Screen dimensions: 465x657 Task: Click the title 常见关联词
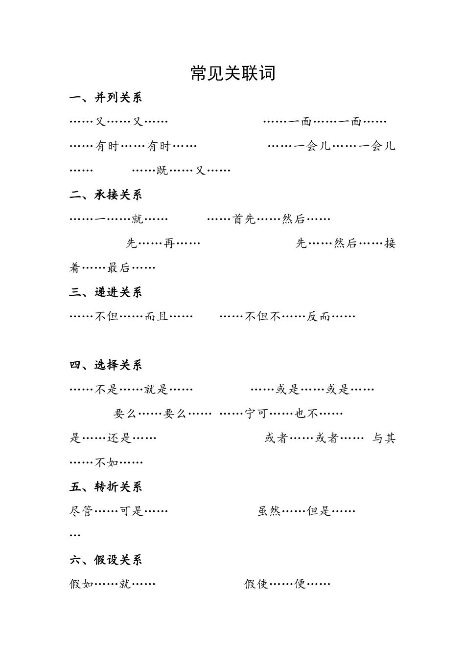[x=232, y=73]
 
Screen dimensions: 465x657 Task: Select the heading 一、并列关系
[x=106, y=98]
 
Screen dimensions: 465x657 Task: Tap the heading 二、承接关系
[x=106, y=195]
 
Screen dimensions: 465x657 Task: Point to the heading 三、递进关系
[x=106, y=292]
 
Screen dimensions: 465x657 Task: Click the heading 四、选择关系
[x=106, y=365]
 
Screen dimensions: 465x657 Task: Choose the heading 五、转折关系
[x=106, y=487]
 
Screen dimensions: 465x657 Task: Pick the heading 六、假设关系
[x=106, y=560]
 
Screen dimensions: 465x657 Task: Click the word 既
[x=162, y=171]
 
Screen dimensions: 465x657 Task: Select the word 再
[x=169, y=243]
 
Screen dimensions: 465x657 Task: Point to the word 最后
[x=119, y=268]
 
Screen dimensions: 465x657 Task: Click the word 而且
[x=157, y=316]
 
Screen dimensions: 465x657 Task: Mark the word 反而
[x=319, y=316]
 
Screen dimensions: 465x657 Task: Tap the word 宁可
[x=256, y=414]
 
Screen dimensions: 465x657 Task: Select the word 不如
[x=107, y=462]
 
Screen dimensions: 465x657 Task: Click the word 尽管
[x=81, y=511]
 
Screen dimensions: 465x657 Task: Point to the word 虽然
[x=269, y=511]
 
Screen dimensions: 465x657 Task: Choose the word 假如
[x=81, y=584]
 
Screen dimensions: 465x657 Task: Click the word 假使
[x=256, y=584]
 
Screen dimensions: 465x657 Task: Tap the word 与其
[x=384, y=438]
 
